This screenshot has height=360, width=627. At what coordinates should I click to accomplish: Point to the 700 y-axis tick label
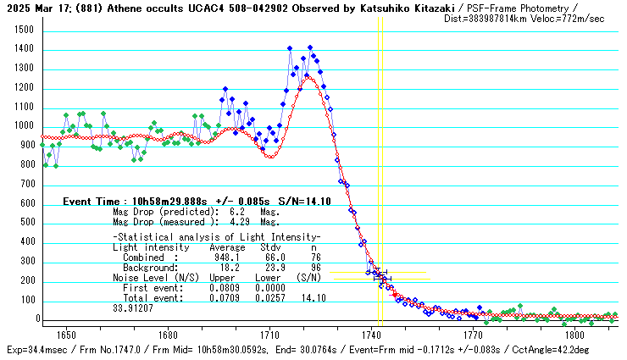[26, 185]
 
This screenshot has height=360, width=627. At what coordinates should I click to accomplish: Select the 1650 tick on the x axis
[67, 335]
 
